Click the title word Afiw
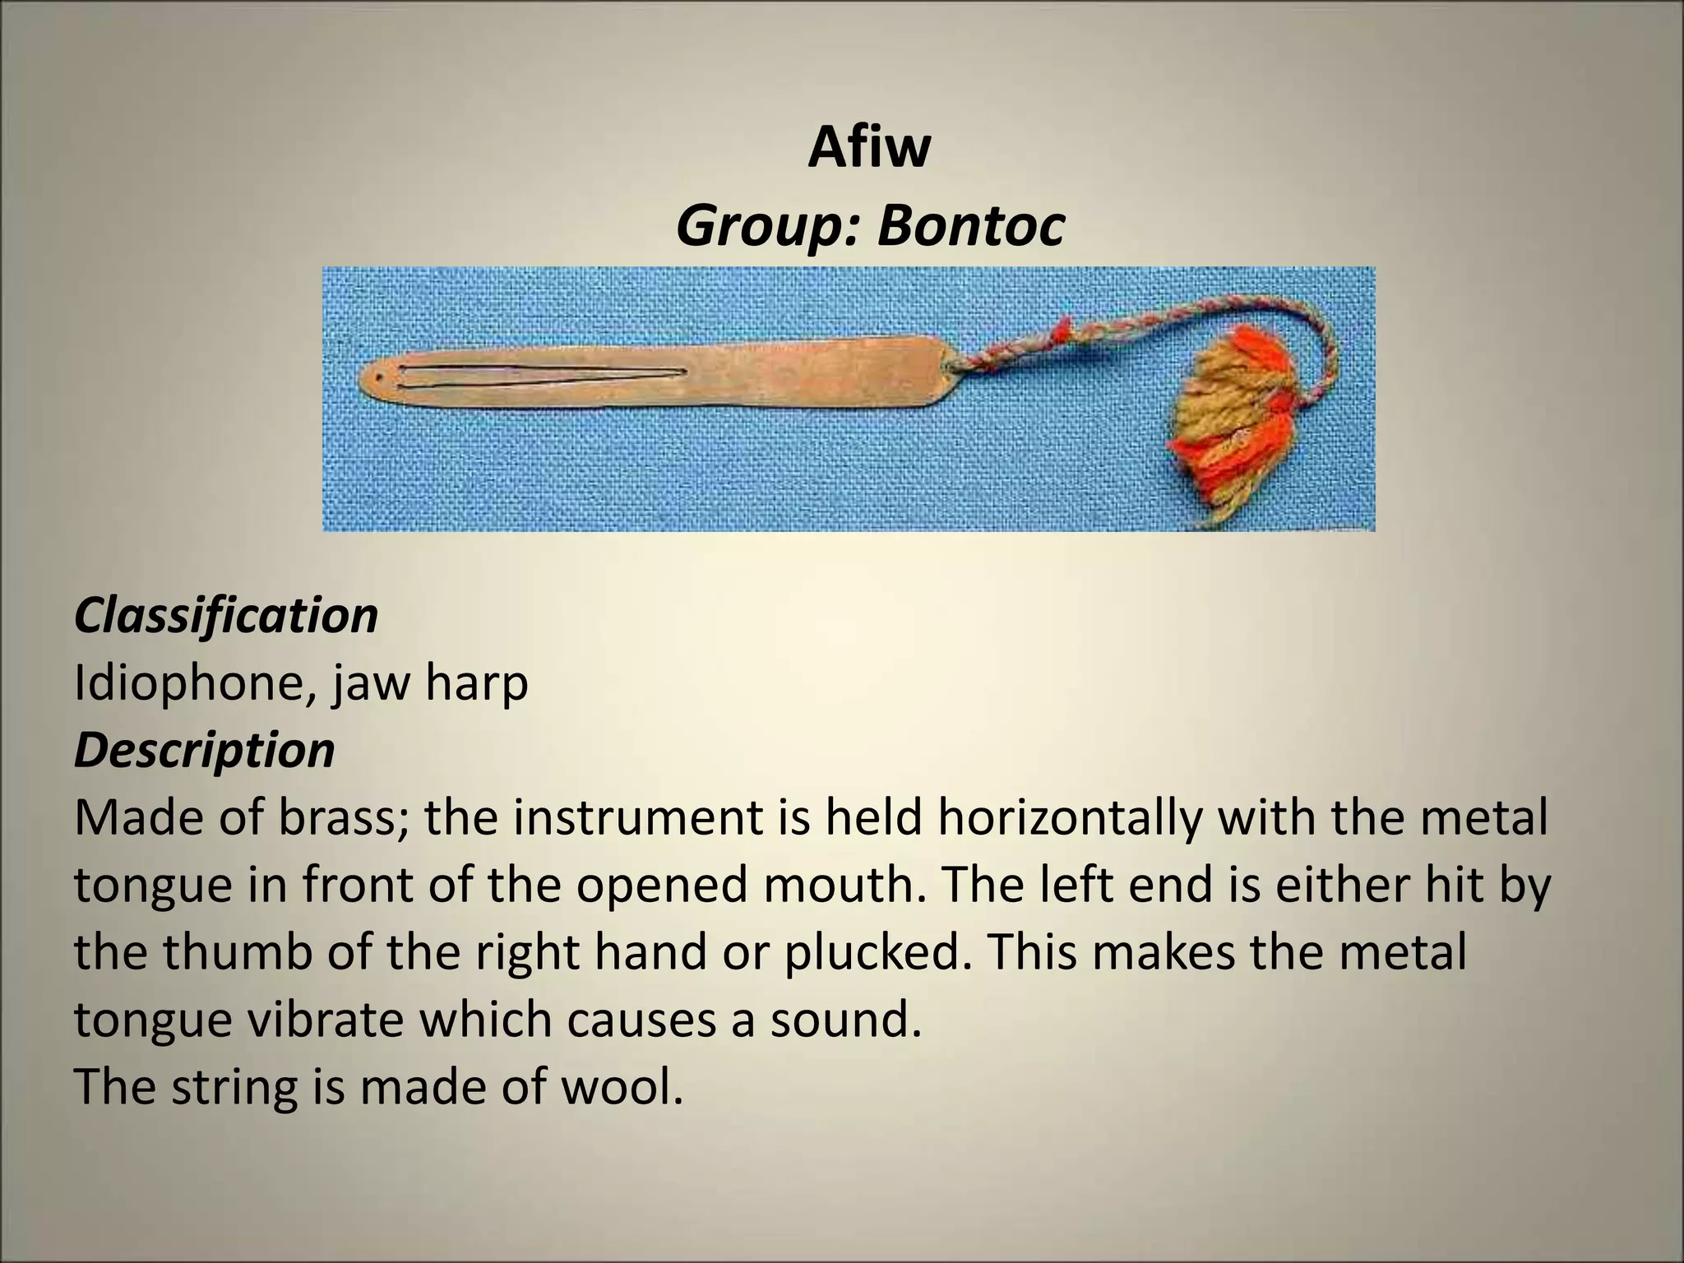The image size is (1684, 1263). tap(869, 148)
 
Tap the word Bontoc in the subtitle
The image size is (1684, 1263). tap(970, 226)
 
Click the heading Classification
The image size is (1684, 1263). tap(226, 615)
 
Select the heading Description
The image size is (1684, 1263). tap(205, 750)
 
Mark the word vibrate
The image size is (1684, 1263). tap(324, 1020)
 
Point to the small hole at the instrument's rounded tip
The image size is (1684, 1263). tap(377, 380)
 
